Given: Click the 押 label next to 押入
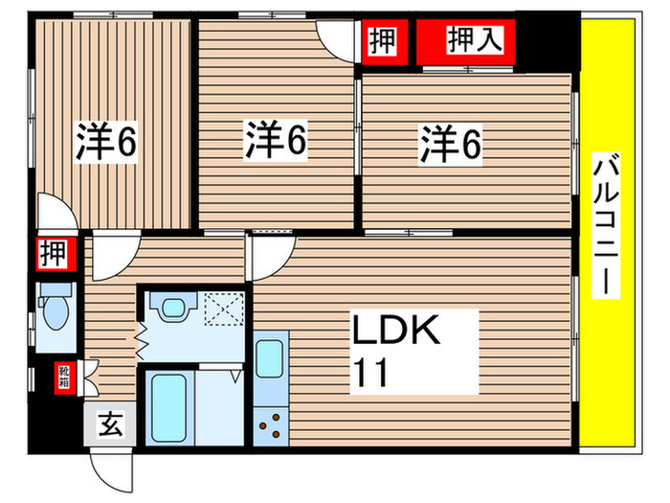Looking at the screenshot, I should (381, 41).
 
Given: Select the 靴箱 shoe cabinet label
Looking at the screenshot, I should (61, 375).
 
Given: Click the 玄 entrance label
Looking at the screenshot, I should (110, 422).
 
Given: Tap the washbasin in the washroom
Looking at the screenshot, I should (172, 308).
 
